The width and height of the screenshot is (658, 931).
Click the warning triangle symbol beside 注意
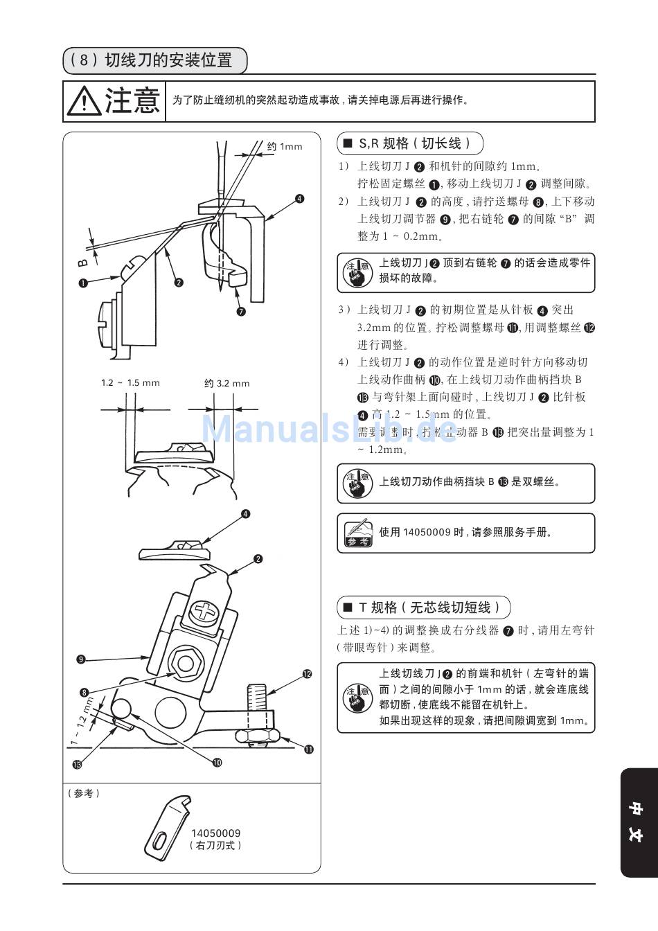click(84, 101)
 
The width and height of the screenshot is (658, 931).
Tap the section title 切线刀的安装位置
click(168, 60)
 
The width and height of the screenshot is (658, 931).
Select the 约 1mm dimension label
click(285, 146)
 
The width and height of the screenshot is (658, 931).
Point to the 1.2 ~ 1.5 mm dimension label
click(130, 383)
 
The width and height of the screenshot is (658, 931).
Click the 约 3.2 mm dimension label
click(227, 383)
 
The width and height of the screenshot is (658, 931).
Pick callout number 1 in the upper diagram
click(83, 283)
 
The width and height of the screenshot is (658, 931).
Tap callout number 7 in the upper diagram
click(240, 311)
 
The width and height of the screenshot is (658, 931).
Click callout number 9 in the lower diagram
click(81, 659)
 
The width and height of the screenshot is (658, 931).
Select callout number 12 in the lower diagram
click(306, 673)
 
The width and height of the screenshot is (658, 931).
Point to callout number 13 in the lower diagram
click(77, 764)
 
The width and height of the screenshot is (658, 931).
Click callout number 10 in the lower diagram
click(217, 762)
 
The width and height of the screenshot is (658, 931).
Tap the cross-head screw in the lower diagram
click(206, 612)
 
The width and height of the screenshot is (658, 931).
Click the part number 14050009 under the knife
click(216, 833)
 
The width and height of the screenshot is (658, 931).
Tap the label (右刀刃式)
click(216, 846)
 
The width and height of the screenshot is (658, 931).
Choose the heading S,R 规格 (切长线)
click(409, 143)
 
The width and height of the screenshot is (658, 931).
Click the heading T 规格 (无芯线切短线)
click(424, 608)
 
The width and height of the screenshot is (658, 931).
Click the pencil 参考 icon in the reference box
click(358, 533)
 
